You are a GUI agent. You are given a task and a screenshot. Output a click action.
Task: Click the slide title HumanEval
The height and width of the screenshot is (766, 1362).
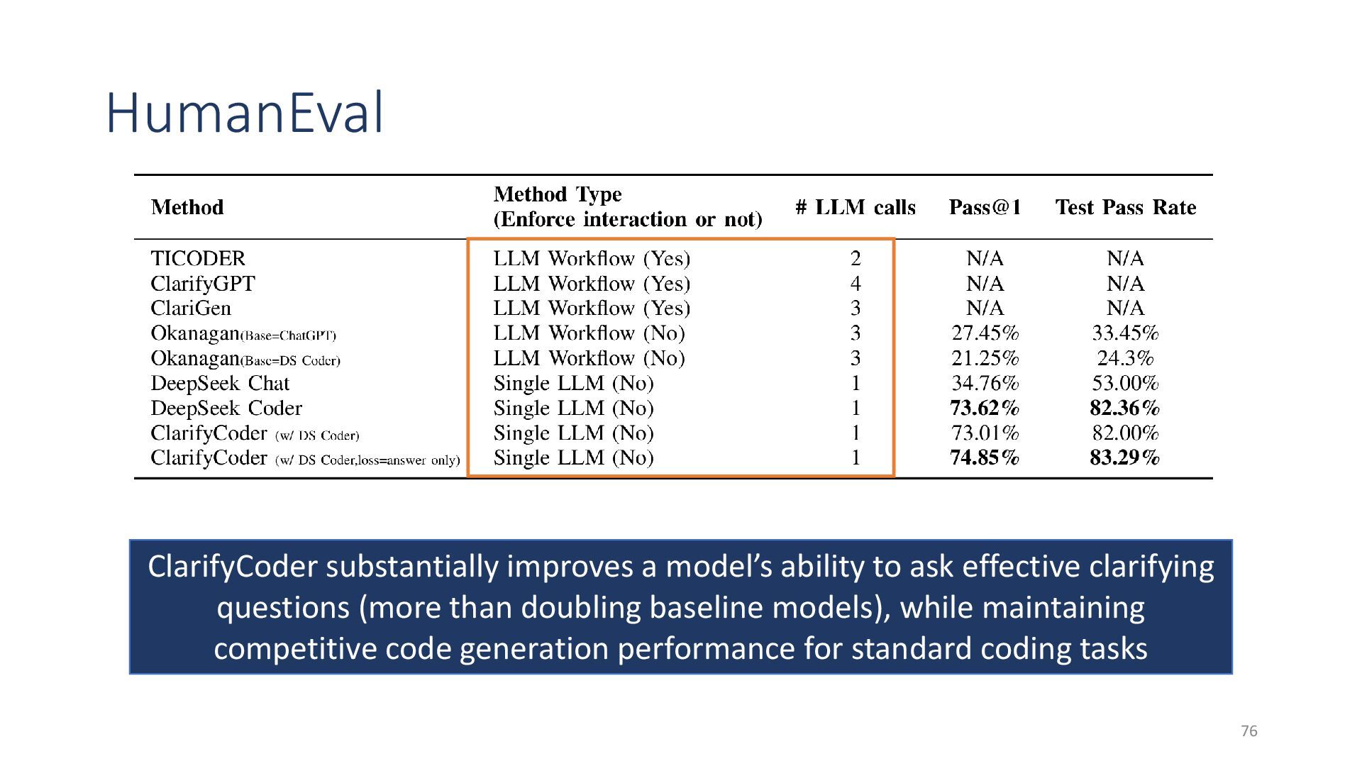tap(245, 113)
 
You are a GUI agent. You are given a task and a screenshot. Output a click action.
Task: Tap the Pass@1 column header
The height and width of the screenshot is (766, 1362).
tap(985, 207)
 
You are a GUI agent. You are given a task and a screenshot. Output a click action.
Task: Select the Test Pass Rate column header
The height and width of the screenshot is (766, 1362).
tap(1126, 207)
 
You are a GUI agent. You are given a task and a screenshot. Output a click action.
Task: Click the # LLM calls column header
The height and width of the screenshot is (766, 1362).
tap(856, 207)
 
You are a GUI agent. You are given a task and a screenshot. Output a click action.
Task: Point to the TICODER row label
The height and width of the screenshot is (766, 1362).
tap(198, 258)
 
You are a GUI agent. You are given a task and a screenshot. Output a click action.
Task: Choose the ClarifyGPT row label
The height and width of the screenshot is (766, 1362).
tap(203, 284)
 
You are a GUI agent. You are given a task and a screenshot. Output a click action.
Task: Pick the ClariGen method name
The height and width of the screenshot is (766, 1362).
tap(191, 309)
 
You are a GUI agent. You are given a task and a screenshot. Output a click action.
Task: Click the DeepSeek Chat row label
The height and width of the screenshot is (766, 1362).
tap(220, 384)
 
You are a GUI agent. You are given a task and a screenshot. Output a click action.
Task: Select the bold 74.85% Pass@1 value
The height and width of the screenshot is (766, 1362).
tap(985, 458)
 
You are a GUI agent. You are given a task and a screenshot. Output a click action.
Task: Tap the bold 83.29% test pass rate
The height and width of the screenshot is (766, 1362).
tap(1125, 458)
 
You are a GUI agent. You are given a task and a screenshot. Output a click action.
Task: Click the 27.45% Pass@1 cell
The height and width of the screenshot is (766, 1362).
tap(985, 333)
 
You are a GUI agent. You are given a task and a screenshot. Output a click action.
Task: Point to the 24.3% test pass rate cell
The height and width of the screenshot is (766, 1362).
tap(1125, 358)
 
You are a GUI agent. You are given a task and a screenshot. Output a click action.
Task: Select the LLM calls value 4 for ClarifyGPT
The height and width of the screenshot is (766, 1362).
tap(856, 284)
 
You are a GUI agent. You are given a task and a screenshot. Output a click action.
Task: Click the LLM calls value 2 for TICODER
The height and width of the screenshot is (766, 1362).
tap(856, 258)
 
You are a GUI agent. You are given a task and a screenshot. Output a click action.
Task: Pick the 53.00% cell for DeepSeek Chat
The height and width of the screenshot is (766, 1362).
tap(1125, 384)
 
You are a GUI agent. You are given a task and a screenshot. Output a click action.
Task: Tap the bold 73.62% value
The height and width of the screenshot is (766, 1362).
tap(985, 409)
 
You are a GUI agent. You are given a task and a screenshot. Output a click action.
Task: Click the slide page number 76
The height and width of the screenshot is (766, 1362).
tap(1249, 731)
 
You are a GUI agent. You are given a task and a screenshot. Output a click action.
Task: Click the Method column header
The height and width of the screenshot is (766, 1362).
tap(187, 207)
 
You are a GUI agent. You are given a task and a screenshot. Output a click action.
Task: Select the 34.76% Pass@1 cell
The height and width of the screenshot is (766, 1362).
tap(985, 384)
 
